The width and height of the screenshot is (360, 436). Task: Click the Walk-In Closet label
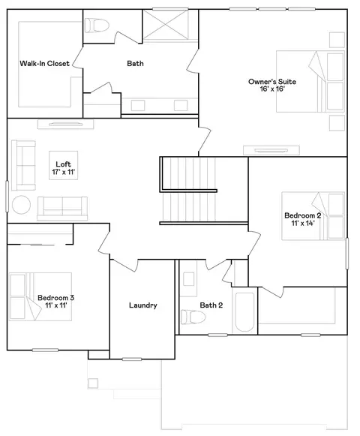44,63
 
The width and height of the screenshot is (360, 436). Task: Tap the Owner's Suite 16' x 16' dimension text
272,89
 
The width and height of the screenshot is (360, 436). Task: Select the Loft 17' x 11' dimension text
64,172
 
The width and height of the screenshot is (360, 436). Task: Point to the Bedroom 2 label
303,215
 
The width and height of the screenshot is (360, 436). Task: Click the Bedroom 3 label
56,298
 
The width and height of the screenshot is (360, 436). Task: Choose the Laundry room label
143,305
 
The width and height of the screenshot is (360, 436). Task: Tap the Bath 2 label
211,305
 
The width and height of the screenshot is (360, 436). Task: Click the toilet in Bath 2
193,317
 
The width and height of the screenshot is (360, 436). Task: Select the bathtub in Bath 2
244,312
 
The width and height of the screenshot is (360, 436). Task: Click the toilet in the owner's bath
97,26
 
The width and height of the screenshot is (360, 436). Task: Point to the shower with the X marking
166,25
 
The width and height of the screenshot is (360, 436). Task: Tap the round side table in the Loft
21,205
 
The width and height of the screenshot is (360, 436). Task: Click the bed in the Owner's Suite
310,81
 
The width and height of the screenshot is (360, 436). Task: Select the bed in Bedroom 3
40,296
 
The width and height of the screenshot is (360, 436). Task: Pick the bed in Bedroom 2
313,216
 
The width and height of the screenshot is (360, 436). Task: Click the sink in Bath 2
189,279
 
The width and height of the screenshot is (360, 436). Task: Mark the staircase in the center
204,191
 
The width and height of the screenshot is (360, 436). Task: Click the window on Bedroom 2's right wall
347,254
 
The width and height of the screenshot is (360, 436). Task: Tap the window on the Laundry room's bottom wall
132,359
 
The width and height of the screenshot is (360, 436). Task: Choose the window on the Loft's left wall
7,197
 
